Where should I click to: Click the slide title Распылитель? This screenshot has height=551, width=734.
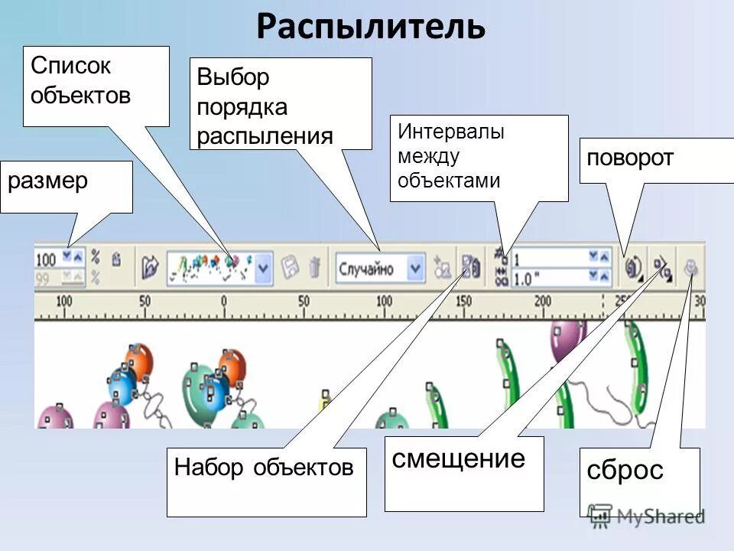pyautogui.click(x=371, y=28)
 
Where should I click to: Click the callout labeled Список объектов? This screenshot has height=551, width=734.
pyautogui.click(x=80, y=80)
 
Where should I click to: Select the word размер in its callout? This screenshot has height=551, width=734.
pyautogui.click(x=47, y=181)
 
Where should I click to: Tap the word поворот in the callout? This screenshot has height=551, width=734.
pyautogui.click(x=630, y=158)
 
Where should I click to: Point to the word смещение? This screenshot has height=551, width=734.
pyautogui.click(x=459, y=459)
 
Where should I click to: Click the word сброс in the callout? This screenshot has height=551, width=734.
pyautogui.click(x=625, y=470)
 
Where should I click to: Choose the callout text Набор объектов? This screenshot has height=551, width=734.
pyautogui.click(x=264, y=468)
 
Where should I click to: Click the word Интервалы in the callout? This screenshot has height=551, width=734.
pyautogui.click(x=450, y=132)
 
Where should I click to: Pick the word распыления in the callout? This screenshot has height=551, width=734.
pyautogui.click(x=265, y=136)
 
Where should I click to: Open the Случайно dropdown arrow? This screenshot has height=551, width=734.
pyautogui.click(x=415, y=269)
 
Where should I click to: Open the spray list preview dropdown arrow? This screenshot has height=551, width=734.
pyautogui.click(x=263, y=269)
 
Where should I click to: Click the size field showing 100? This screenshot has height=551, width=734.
pyautogui.click(x=47, y=259)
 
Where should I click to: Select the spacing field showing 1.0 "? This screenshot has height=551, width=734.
pyautogui.click(x=549, y=278)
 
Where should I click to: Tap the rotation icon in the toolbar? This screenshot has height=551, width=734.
pyautogui.click(x=633, y=267)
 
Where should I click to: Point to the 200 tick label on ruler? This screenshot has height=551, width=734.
pyautogui.click(x=543, y=302)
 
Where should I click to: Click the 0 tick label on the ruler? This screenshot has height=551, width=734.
pyautogui.click(x=224, y=302)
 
